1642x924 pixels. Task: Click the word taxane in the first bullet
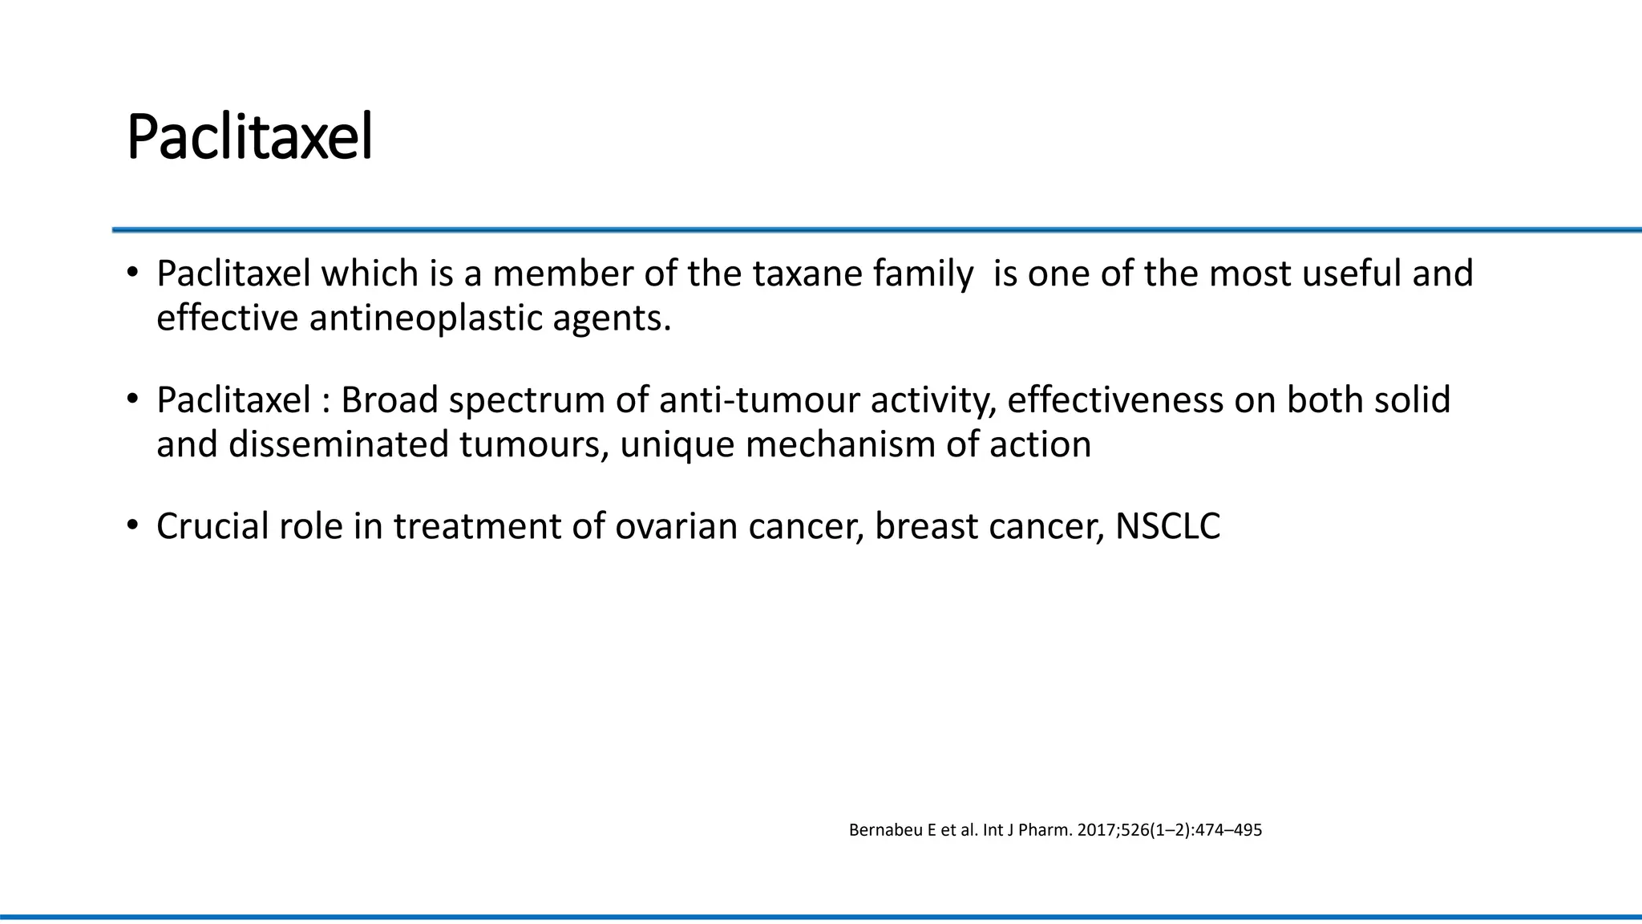806,274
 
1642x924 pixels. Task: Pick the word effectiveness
1114,399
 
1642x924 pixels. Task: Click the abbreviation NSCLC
1167,526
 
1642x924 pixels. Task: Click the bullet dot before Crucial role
132,526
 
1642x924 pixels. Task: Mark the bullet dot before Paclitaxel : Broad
132,399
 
